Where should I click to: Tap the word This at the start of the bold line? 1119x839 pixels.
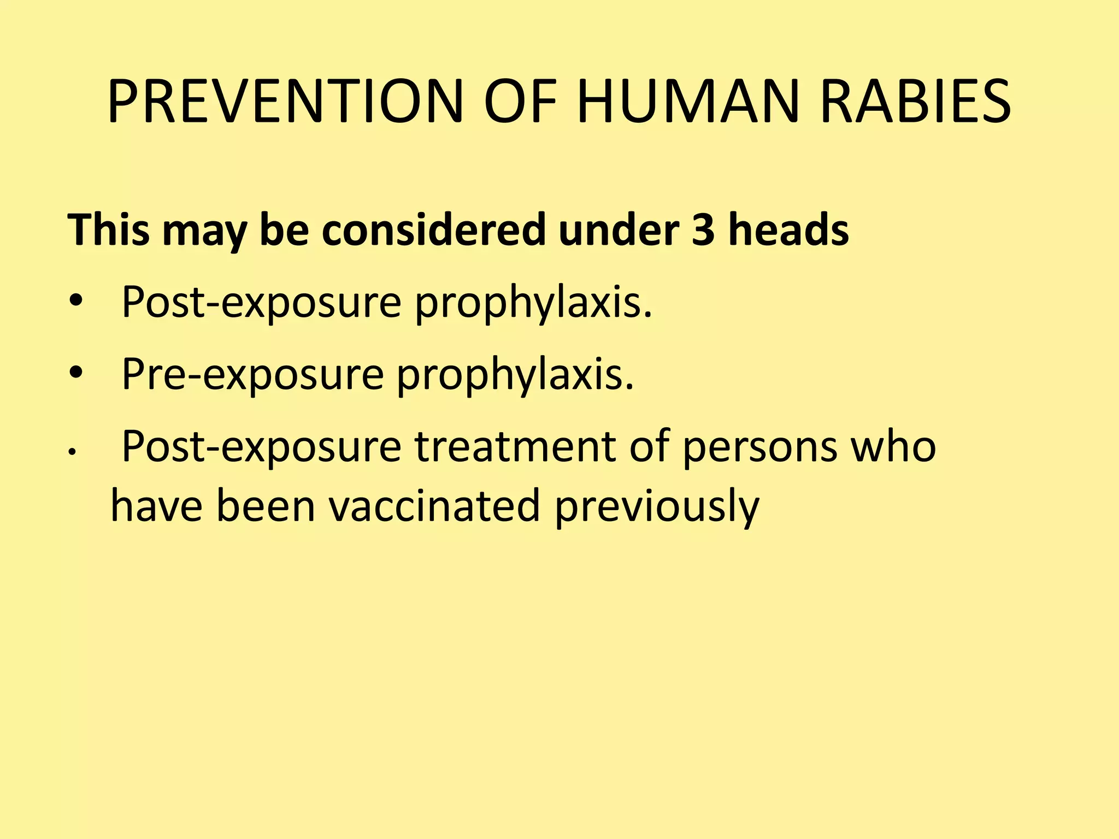click(109, 229)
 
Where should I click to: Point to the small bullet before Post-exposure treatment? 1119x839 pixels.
click(71, 452)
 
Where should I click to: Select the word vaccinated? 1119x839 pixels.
click(434, 506)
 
